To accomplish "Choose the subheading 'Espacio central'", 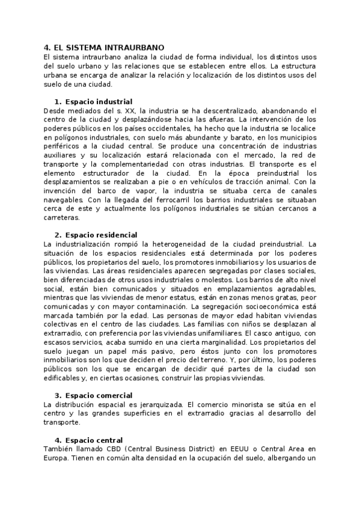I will pyautogui.click(x=93, y=440).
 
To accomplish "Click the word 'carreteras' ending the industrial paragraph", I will pyautogui.click(x=63, y=217).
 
